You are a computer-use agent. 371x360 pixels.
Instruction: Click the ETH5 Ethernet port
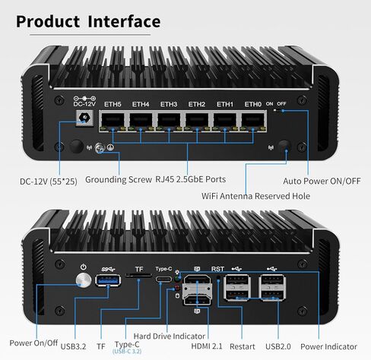(113, 122)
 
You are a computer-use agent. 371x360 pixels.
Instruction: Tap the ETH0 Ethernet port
(252, 122)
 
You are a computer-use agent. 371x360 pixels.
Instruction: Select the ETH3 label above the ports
(169, 104)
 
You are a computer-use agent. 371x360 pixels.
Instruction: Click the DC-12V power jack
(84, 118)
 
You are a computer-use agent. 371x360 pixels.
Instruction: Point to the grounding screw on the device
(100, 148)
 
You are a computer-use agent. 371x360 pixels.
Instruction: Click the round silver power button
(84, 280)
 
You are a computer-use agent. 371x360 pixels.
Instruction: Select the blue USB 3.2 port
(108, 280)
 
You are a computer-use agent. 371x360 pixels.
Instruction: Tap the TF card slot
(138, 275)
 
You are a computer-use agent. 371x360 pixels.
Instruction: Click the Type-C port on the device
(163, 279)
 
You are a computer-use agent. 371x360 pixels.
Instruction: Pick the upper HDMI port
(197, 281)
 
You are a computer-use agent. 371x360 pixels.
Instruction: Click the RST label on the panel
(217, 269)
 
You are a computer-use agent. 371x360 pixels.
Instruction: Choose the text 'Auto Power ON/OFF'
(322, 182)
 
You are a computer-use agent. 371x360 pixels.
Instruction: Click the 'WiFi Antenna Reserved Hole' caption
(255, 196)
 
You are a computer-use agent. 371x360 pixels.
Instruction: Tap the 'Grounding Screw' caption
(119, 180)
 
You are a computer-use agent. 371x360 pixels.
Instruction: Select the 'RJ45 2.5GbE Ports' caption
(190, 179)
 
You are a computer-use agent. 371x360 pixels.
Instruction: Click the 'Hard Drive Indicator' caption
(170, 336)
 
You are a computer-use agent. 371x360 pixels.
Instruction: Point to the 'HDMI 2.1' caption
(207, 346)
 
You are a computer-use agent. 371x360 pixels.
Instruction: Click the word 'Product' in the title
(48, 21)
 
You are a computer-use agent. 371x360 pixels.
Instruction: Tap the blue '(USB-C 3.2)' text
(127, 352)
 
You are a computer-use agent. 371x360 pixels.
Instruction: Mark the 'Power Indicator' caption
(328, 346)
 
